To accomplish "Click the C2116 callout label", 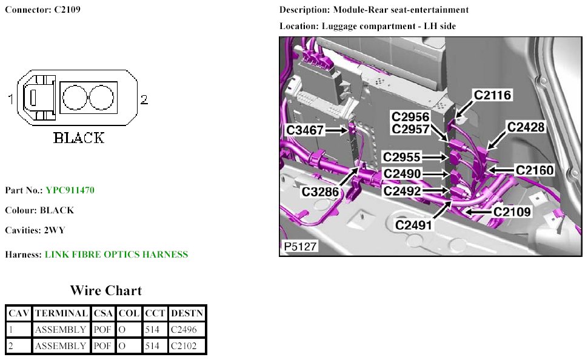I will click(x=492, y=95).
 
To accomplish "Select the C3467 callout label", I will click(x=306, y=130).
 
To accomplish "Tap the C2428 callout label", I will click(x=526, y=127).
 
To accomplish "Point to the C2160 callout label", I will click(x=534, y=170).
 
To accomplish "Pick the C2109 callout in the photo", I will click(x=512, y=212).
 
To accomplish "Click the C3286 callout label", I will click(x=321, y=192).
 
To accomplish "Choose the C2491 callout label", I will click(x=414, y=225).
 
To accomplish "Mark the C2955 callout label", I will click(x=402, y=158).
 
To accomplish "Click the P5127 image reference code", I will click(x=299, y=247).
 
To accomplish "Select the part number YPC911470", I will click(x=70, y=190).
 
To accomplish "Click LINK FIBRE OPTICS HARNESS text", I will click(x=116, y=255).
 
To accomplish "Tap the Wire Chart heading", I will click(x=106, y=290).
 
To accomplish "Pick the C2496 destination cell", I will click(x=187, y=330).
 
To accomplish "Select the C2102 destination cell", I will click(x=187, y=346).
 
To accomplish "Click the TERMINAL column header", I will click(x=61, y=313).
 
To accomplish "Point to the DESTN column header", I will click(x=187, y=313).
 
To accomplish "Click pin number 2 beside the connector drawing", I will click(x=144, y=99).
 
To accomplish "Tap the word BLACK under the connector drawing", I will click(x=79, y=138).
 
